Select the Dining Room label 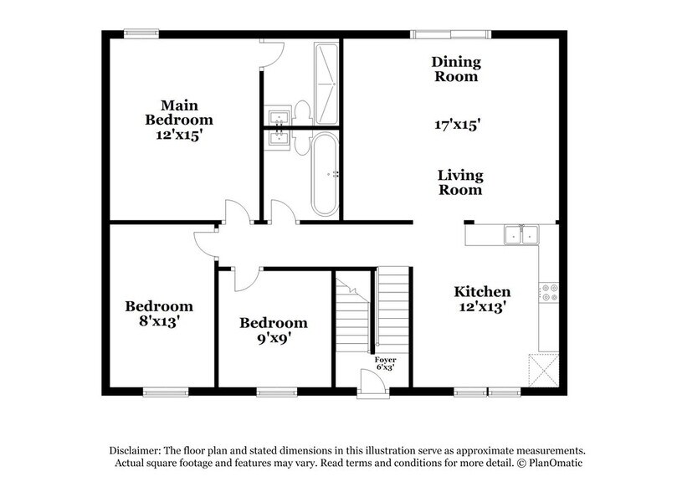click(x=454, y=69)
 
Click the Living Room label click(x=460, y=182)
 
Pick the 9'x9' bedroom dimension click(x=273, y=339)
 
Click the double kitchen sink click(x=519, y=234)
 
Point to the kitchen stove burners click(x=550, y=292)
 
